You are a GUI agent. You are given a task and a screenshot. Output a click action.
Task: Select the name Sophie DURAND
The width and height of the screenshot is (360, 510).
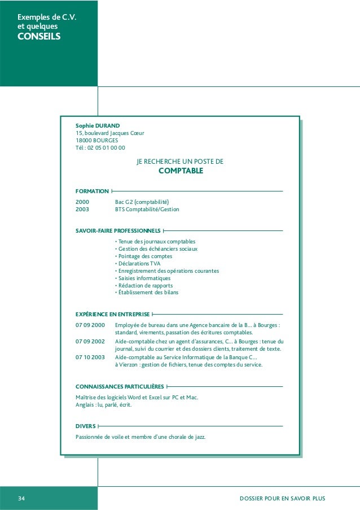[x=98, y=125]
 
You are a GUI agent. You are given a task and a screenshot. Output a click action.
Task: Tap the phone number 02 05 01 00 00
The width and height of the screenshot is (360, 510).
[x=107, y=148]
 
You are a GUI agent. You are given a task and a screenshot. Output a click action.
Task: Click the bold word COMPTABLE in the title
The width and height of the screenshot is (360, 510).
[x=180, y=171]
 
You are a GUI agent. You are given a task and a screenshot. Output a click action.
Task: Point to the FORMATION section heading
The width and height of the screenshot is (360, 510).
[x=92, y=191]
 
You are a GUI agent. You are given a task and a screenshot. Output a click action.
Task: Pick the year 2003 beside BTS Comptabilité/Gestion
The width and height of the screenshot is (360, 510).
[x=82, y=209]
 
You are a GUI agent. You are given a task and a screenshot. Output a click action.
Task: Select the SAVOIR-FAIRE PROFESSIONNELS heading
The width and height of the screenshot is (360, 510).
[x=118, y=230]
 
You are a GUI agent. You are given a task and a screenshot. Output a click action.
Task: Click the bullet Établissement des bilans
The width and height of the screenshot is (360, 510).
[x=146, y=293]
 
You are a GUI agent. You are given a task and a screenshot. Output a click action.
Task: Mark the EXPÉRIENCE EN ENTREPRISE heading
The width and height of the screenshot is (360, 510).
[x=112, y=313]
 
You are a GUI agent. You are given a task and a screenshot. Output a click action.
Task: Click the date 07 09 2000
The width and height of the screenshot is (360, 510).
[x=90, y=325]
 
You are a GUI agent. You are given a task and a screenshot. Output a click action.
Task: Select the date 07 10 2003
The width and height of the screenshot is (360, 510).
[x=90, y=358]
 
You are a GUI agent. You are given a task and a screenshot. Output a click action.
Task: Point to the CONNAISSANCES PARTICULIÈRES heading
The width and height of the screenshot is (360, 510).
[x=120, y=387]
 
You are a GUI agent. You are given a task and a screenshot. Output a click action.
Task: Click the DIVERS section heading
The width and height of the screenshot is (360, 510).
[x=85, y=426]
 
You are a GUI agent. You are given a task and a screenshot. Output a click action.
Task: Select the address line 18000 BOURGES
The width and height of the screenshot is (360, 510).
[x=93, y=141]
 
